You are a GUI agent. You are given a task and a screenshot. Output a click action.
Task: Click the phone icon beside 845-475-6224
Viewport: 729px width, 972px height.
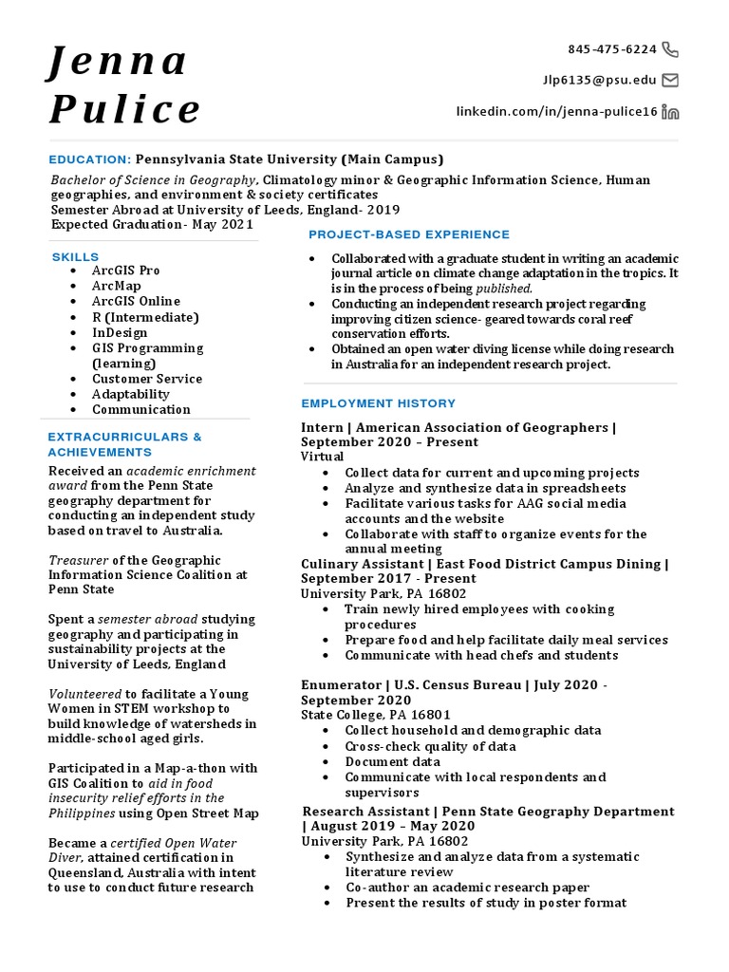click(670, 49)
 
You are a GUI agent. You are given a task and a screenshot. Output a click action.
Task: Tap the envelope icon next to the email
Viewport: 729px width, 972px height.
click(670, 80)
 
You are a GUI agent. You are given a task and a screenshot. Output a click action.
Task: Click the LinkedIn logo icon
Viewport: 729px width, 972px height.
click(670, 112)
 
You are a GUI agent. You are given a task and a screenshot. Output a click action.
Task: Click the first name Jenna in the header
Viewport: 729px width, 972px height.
click(119, 62)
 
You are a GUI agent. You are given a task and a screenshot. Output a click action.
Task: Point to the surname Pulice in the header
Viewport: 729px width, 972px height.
click(125, 109)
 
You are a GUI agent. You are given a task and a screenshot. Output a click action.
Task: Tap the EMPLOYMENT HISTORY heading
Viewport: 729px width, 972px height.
click(379, 403)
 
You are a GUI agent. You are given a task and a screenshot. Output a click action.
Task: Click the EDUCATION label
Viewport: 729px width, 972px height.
click(90, 159)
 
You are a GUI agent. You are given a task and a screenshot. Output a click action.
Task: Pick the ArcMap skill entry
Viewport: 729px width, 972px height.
click(117, 286)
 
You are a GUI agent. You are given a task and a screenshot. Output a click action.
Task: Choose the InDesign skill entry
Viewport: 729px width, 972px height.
click(120, 332)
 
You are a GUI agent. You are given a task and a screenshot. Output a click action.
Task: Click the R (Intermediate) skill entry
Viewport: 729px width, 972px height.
click(145, 317)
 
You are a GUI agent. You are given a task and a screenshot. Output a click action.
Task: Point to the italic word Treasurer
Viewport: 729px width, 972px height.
click(79, 560)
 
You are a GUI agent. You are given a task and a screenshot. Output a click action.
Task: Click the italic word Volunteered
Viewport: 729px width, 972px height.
click(85, 693)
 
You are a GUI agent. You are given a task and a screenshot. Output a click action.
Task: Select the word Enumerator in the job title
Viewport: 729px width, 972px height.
click(341, 684)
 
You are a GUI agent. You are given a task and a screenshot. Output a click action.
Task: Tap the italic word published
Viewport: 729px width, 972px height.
click(504, 288)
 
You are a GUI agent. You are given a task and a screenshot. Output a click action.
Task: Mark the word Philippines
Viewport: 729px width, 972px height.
click(83, 813)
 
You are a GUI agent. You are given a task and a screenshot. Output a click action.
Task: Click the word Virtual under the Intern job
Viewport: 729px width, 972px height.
click(322, 457)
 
